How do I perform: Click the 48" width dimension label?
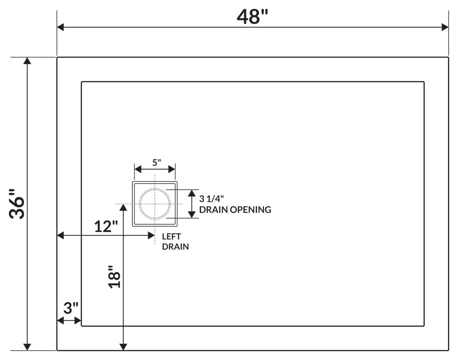(x=253, y=17)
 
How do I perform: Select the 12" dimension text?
(x=106, y=226)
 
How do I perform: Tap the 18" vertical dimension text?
(x=114, y=276)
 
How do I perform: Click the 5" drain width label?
(x=156, y=162)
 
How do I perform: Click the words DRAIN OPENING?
(x=235, y=210)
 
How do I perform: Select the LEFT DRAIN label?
(x=175, y=241)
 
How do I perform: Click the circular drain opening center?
(x=155, y=204)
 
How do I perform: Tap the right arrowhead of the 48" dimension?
(x=445, y=27)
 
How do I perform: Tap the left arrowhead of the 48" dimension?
(x=61, y=27)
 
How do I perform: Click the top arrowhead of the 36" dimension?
(x=28, y=62)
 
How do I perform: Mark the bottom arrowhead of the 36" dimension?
(x=28, y=347)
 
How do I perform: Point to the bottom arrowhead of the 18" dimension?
(x=123, y=347)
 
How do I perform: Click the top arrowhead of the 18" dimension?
(x=123, y=207)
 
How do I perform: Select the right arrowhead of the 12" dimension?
(x=151, y=236)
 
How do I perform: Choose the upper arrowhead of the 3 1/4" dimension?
(x=191, y=192)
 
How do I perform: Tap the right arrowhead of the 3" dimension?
(x=78, y=321)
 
